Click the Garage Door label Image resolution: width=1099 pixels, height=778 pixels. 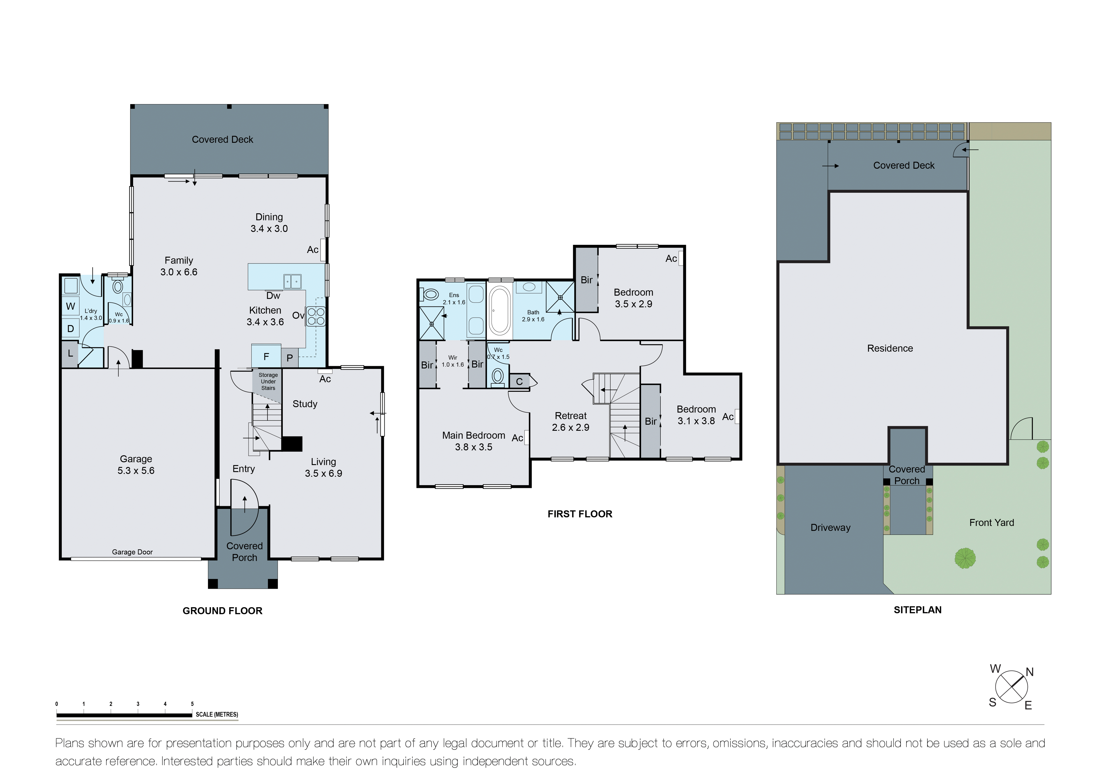(132, 552)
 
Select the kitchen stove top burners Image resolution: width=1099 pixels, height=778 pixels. (316, 316)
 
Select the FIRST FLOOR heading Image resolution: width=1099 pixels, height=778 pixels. (580, 514)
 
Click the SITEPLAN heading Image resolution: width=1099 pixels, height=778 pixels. (917, 610)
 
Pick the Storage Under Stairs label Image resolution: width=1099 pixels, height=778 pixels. (268, 381)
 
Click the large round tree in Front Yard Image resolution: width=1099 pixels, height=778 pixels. (965, 558)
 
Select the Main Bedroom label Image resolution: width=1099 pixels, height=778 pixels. (473, 435)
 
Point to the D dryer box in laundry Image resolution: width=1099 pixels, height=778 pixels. (70, 329)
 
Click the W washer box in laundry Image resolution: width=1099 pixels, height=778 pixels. (70, 306)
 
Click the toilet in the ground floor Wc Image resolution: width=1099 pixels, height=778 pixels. (117, 287)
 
